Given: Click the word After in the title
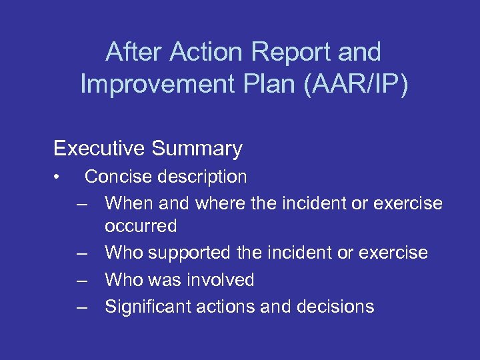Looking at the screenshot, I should pyautogui.click(x=136, y=52).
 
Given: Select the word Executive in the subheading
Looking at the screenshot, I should pyautogui.click(x=99, y=148).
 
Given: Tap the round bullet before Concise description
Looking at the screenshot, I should pyautogui.click(x=59, y=177).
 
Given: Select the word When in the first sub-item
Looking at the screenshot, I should pyautogui.click(x=128, y=203).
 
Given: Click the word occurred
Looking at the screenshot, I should pyautogui.click(x=141, y=226).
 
